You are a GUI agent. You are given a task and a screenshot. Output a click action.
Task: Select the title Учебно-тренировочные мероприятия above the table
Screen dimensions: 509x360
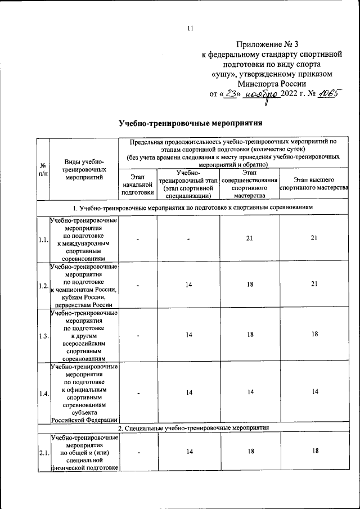pyautogui.click(x=190, y=123)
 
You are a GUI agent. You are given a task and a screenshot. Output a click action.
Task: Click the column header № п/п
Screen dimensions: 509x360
pyautogui.click(x=43, y=169)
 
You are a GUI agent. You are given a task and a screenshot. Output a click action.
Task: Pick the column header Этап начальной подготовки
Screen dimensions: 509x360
pyautogui.click(x=137, y=184)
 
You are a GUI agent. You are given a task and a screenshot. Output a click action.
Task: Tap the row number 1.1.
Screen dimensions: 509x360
pyautogui.click(x=43, y=240)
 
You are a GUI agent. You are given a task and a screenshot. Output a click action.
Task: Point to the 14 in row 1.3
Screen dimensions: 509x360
pyautogui.click(x=189, y=334)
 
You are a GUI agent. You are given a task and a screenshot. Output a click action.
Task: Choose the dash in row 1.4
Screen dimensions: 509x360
pyautogui.click(x=137, y=393)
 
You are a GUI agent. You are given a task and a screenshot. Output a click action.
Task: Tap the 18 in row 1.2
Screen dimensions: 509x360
pyautogui.click(x=249, y=286)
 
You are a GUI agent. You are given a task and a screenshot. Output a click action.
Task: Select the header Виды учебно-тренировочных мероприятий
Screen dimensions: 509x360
pyautogui.click(x=84, y=169)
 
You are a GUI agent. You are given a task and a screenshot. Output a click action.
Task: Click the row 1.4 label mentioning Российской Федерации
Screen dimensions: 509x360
pyautogui.click(x=84, y=419)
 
